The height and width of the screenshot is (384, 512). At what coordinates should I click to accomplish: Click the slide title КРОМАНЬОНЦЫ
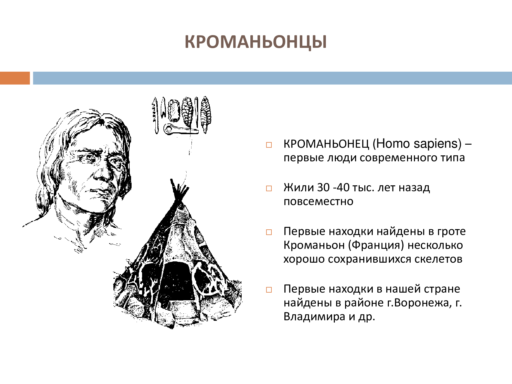255,42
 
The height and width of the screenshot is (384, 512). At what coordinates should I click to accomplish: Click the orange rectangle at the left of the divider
15,78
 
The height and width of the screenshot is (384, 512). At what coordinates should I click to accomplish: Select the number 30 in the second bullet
323,187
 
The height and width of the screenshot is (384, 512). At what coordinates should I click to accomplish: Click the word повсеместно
318,202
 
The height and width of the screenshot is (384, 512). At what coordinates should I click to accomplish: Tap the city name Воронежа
421,303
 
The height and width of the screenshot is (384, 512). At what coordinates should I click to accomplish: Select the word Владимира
314,317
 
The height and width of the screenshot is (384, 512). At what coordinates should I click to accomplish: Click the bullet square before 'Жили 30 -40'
269,189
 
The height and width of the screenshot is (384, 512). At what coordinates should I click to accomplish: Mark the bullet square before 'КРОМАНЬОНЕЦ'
269,145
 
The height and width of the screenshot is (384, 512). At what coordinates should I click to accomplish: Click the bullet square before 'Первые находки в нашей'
269,290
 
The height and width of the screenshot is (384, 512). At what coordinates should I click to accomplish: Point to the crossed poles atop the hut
179,191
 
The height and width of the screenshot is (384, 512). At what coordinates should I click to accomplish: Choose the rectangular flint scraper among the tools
174,111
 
